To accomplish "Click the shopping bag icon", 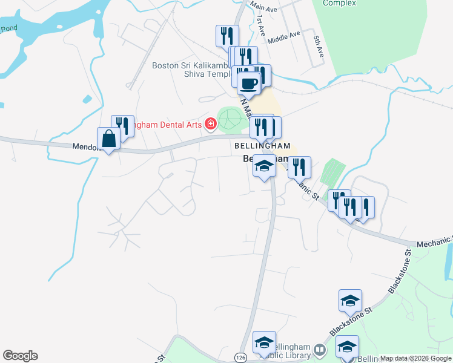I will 108,139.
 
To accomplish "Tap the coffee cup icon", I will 248,83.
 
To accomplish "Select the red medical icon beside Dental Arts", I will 211,124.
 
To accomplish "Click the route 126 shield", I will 240,358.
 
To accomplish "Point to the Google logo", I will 20,356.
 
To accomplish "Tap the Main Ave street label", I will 263,8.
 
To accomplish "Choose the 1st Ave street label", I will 261,28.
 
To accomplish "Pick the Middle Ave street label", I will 284,38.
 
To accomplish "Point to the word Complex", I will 339,3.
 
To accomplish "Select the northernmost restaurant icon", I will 228,36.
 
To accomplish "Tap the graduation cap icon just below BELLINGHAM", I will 264,166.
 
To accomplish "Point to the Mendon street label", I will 85,146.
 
